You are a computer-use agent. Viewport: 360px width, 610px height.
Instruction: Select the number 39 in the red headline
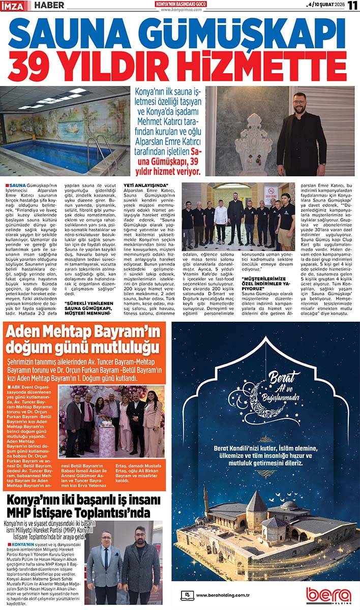[31, 66]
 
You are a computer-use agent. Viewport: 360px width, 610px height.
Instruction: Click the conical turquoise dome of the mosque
[256, 503]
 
